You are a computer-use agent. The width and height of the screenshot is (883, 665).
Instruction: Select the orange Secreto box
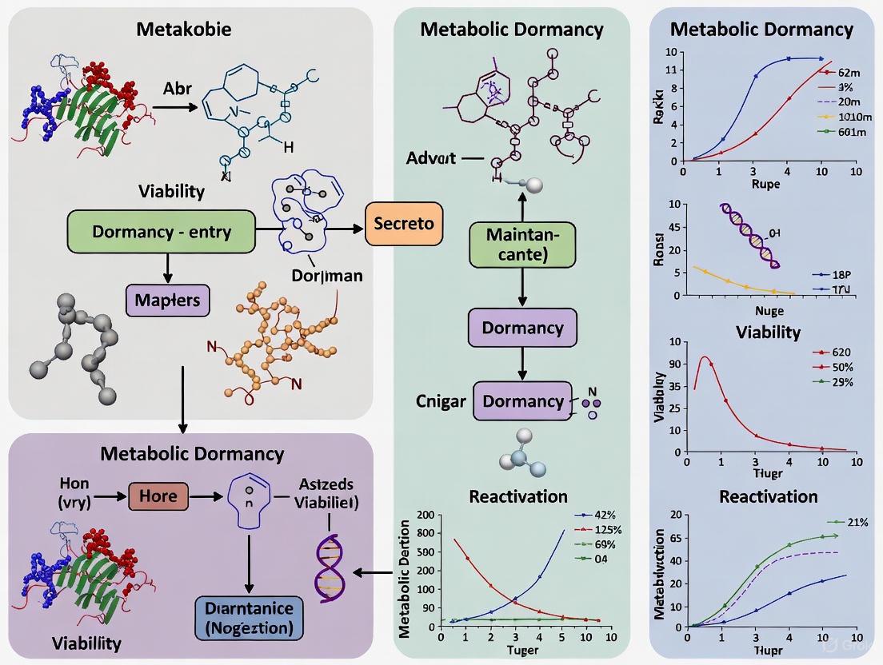click(x=404, y=223)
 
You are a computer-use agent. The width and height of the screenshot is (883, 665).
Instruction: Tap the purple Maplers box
click(x=167, y=301)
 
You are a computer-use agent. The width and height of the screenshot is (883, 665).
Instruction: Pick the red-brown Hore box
click(x=158, y=496)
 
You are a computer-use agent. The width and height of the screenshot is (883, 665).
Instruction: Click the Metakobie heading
click(x=184, y=30)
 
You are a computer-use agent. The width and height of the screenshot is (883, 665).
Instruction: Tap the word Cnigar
click(x=440, y=400)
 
